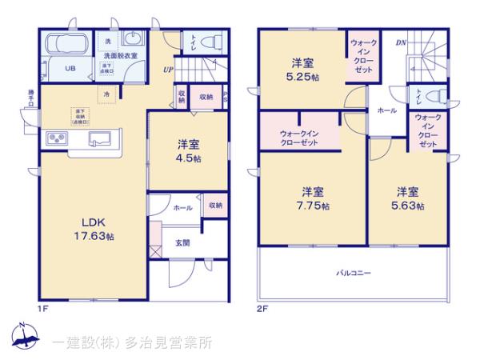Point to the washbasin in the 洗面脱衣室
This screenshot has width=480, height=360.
click(x=131, y=41)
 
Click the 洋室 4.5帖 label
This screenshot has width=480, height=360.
click(x=190, y=151)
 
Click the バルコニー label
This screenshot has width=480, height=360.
click(x=353, y=273)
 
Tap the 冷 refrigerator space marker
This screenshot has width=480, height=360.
click(x=106, y=94)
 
